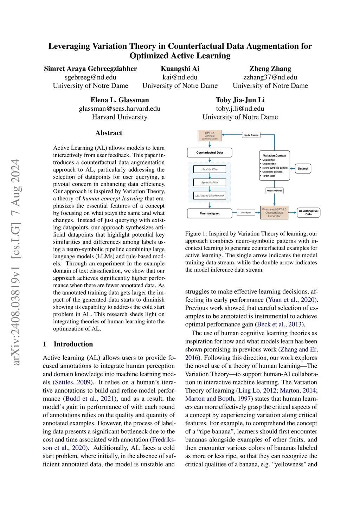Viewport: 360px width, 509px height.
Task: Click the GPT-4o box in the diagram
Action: point(210,136)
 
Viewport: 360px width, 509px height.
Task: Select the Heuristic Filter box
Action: point(210,169)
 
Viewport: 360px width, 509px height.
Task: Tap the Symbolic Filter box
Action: point(210,182)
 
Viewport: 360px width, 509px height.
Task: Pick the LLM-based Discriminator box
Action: point(210,195)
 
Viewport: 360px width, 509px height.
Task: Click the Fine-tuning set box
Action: point(210,213)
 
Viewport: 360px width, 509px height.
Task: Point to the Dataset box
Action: point(303,169)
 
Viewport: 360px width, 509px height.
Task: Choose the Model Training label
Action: point(251,135)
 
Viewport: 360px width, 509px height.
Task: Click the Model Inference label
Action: point(274,191)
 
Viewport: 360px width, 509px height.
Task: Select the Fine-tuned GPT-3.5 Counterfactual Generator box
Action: point(274,213)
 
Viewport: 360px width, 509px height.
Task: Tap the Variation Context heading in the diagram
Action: point(274,155)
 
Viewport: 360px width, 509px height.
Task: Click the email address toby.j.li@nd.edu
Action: point(240,109)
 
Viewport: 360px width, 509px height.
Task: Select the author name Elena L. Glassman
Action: point(120,100)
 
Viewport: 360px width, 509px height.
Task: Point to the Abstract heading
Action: point(109,133)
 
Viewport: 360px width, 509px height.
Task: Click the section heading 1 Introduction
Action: point(68,344)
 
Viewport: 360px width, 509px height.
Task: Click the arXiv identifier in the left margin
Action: point(16,262)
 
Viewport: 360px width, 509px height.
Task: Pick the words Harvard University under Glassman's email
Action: point(120,117)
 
